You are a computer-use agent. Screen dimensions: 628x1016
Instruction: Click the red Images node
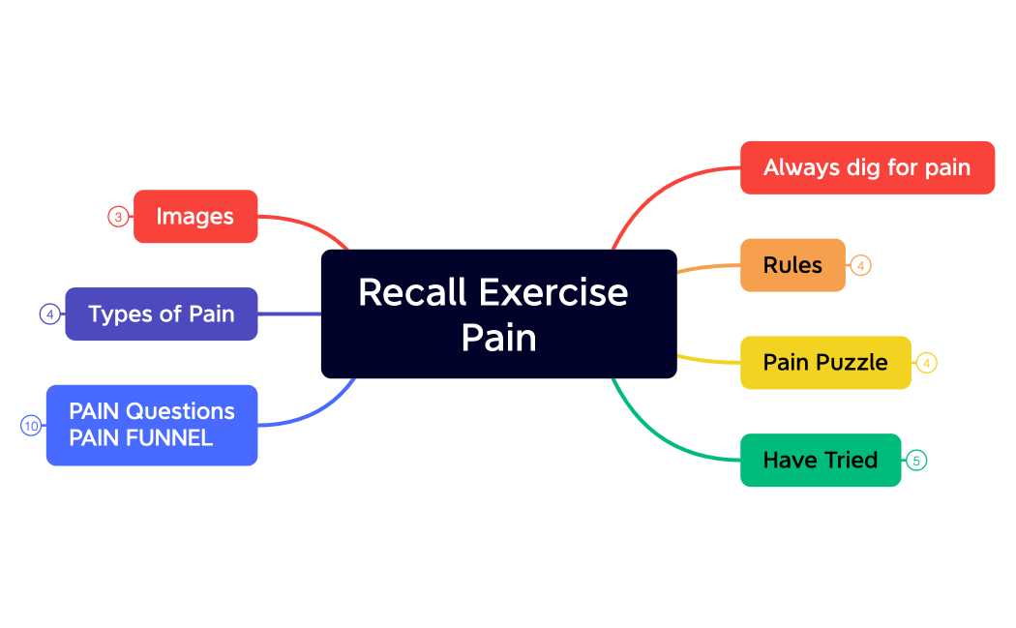tap(195, 217)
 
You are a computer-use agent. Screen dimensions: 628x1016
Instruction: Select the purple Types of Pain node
tap(162, 314)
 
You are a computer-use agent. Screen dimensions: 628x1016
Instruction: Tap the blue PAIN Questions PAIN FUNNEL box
tap(152, 425)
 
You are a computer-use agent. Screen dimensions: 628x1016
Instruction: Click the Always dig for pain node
tap(867, 167)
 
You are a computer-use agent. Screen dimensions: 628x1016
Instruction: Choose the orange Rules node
tap(792, 265)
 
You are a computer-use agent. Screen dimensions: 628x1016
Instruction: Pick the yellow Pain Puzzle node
tap(825, 362)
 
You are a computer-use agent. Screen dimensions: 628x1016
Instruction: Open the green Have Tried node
tap(821, 460)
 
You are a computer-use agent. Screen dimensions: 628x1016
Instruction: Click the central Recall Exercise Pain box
tap(498, 314)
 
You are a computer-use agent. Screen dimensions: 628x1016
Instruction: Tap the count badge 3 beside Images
tap(118, 217)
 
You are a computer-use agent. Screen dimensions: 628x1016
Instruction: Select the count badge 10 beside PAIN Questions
tap(32, 425)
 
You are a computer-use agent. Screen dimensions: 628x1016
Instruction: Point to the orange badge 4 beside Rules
tap(860, 265)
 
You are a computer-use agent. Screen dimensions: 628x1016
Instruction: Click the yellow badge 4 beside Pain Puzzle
tap(926, 363)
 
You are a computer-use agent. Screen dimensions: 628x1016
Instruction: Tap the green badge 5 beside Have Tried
tap(915, 461)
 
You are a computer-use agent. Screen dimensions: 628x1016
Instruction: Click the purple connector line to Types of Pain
tap(289, 314)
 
